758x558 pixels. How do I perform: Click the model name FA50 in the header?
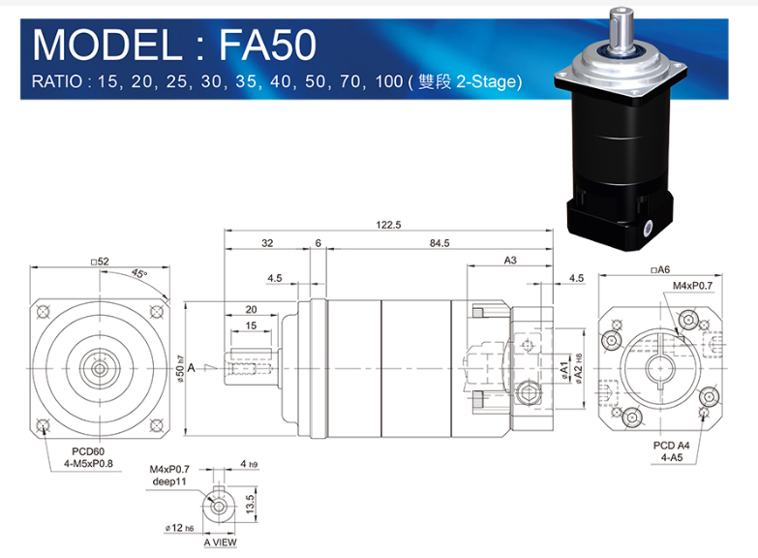pos(268,45)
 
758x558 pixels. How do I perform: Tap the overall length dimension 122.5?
pos(388,225)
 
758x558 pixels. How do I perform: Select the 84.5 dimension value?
pos(440,243)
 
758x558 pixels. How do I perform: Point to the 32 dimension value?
pos(267,243)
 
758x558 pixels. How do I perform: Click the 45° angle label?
pos(139,274)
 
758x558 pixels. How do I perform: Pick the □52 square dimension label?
pos(100,262)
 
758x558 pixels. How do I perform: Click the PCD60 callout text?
pos(88,451)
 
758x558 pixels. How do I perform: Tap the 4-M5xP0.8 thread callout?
pos(88,464)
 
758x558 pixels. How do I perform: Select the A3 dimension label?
pos(510,261)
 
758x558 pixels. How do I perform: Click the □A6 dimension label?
pos(660,270)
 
